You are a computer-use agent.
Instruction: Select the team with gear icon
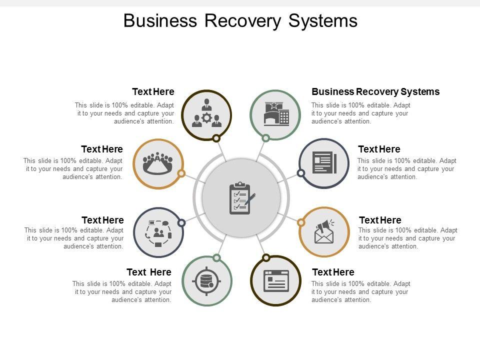coord(206,113)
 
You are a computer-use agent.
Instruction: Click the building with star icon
coord(276,113)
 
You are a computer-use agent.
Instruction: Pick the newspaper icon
coord(324,163)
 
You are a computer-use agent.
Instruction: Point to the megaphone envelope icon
coord(324,231)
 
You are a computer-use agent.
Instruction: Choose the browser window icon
coord(276,280)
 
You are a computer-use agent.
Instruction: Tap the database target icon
coord(206,281)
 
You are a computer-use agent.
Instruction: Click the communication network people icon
coord(158,232)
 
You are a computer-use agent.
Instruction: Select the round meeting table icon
coord(158,163)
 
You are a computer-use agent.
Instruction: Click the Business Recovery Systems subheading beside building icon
coord(375,92)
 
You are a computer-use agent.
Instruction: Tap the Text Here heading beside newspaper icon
coord(379,149)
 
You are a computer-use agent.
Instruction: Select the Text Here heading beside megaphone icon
coord(380,220)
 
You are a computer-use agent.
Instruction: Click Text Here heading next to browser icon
coord(333,272)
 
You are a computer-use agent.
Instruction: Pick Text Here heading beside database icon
coord(149,272)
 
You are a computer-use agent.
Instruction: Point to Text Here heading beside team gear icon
coord(153,92)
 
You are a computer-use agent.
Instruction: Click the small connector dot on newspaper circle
coord(301,173)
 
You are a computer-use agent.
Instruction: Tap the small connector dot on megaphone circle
coord(301,222)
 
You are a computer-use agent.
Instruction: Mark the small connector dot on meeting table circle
coord(181,173)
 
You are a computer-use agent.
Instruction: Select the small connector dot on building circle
coord(266,138)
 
